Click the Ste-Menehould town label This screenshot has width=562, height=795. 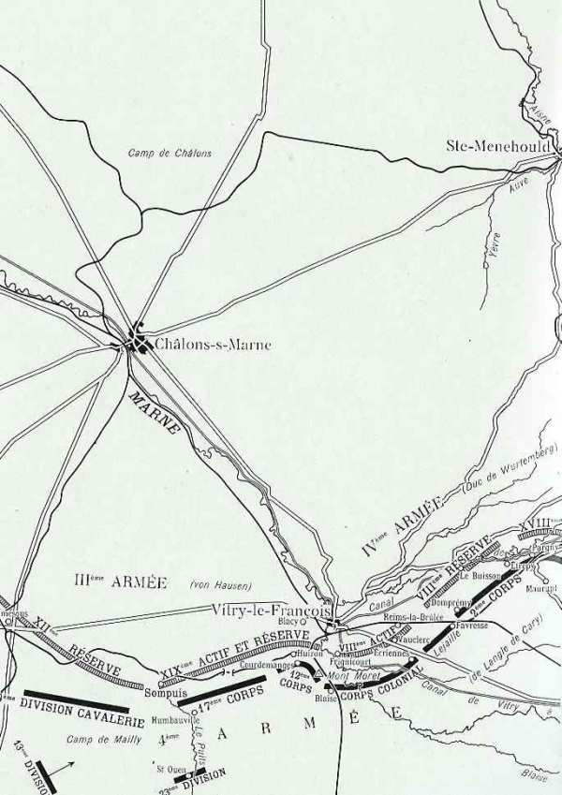click(504, 145)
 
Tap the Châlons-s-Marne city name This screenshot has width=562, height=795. click(214, 344)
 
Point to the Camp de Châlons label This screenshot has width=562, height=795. click(170, 153)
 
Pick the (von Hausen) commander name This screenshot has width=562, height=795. click(220, 585)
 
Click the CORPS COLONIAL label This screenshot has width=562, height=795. click(374, 685)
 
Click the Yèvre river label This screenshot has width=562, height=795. click(495, 244)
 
